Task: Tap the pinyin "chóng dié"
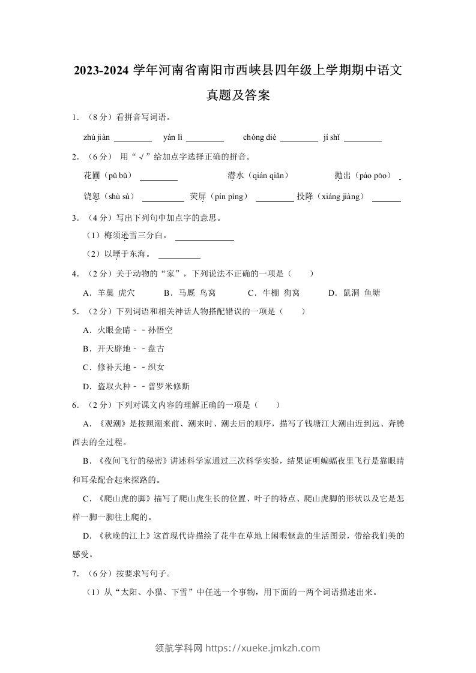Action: pyautogui.click(x=259, y=137)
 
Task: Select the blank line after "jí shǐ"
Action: pyautogui.click(x=363, y=139)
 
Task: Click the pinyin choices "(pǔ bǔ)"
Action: pyautogui.click(x=118, y=176)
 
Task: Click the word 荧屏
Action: pyautogui.click(x=197, y=196)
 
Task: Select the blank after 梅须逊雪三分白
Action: pyautogui.click(x=204, y=237)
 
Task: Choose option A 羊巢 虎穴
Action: pyautogui.click(x=109, y=293)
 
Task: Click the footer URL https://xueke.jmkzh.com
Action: pyautogui.click(x=263, y=648)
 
